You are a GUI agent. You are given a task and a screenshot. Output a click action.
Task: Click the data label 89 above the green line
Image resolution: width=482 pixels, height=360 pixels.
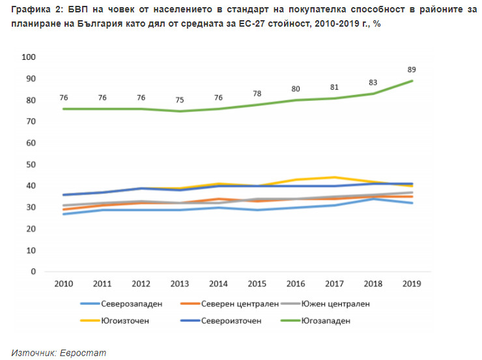click(x=412, y=69)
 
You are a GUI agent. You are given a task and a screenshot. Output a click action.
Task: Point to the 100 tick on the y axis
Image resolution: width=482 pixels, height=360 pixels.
click(x=28, y=57)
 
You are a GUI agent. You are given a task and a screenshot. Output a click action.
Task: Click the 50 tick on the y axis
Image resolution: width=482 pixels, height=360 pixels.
click(x=30, y=165)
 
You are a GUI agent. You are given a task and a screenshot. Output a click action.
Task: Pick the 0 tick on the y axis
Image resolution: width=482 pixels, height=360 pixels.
click(x=33, y=271)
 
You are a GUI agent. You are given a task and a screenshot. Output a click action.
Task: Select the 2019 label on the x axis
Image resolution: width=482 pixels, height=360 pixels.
click(x=412, y=284)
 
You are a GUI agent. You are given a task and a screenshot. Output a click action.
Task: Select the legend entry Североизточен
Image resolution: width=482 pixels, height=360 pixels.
click(x=231, y=320)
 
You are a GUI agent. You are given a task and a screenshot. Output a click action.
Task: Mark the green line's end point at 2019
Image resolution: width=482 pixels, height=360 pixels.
click(x=412, y=81)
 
